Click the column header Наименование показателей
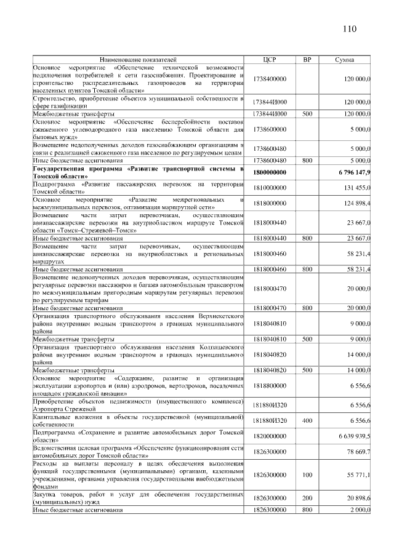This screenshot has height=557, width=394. (x=139, y=60)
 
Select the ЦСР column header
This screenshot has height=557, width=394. (x=271, y=60)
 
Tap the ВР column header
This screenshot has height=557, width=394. (x=307, y=60)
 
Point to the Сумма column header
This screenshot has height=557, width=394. (x=344, y=60)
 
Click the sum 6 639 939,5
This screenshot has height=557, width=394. (x=354, y=436)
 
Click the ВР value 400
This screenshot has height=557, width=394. (x=307, y=420)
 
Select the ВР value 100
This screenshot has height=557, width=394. (x=307, y=475)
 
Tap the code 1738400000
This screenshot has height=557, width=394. (x=271, y=79)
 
